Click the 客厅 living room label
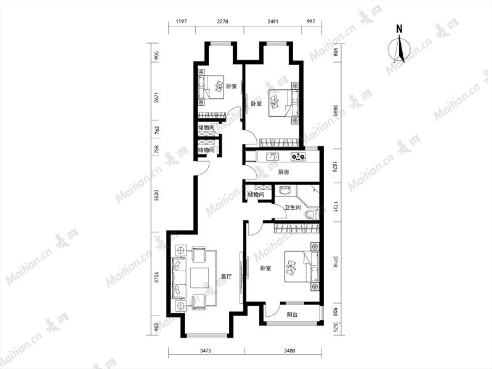pyautogui.click(x=226, y=277)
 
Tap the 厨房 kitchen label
pyautogui.click(x=283, y=172)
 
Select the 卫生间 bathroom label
pyautogui.click(x=292, y=207)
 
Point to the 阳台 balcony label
pyautogui.click(x=292, y=314)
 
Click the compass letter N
pyautogui.click(x=399, y=29)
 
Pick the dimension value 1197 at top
pyautogui.click(x=182, y=22)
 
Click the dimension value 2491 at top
pyautogui.click(x=273, y=22)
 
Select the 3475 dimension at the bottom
pyautogui.click(x=206, y=351)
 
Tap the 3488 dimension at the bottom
pyautogui.click(x=289, y=351)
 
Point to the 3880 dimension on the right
pyautogui.click(x=335, y=111)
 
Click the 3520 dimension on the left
pyautogui.click(x=157, y=196)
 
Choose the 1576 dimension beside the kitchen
pyautogui.click(x=334, y=167)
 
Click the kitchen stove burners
pyautogui.click(x=298, y=156)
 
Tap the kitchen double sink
pyautogui.click(x=273, y=156)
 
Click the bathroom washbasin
pyautogui.click(x=285, y=190)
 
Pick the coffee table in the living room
pyautogui.click(x=200, y=278)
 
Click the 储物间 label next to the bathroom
pyautogui.click(x=256, y=195)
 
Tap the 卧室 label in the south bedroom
pyautogui.click(x=266, y=268)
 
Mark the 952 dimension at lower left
pyautogui.click(x=157, y=325)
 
